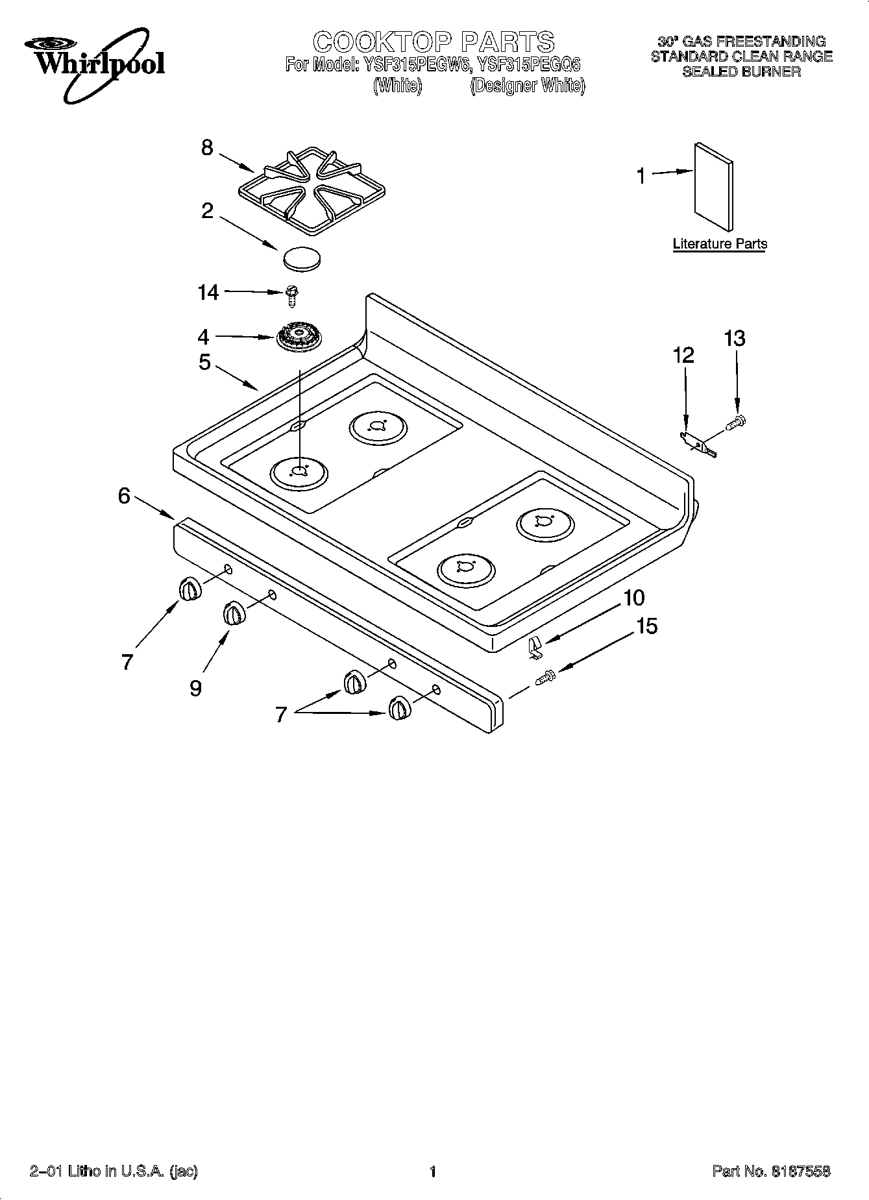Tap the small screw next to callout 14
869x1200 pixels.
tap(291, 296)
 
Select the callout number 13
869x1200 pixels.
tap(734, 339)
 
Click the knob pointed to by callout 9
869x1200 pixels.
tap(234, 613)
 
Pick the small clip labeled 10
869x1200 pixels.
tap(534, 646)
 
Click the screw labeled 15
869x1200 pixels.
tap(545, 677)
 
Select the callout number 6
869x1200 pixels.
tap(124, 496)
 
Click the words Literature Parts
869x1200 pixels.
tap(719, 244)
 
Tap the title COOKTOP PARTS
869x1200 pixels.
tap(434, 42)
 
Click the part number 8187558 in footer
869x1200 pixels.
tap(800, 1171)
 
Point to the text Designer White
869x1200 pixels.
tap(527, 86)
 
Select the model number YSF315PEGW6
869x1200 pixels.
tap(414, 65)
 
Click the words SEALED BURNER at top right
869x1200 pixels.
tap(741, 71)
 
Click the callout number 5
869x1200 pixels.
tap(204, 362)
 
